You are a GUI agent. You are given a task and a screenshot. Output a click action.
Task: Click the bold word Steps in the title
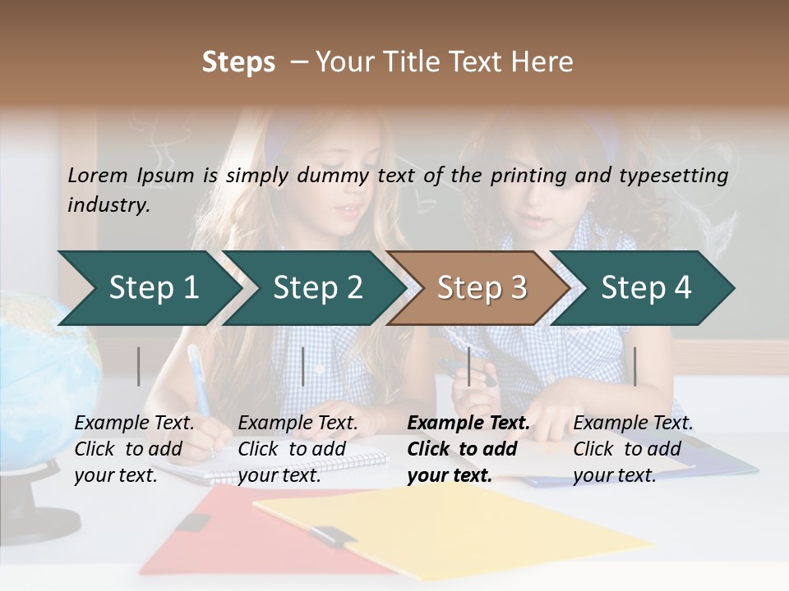(x=238, y=62)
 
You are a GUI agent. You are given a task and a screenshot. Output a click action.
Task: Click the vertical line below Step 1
(x=139, y=366)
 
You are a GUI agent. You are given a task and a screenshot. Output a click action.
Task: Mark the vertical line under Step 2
(x=303, y=366)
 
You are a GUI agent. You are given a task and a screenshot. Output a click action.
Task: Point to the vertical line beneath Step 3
(x=468, y=366)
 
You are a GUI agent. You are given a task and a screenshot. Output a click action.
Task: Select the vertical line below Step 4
(x=634, y=366)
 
